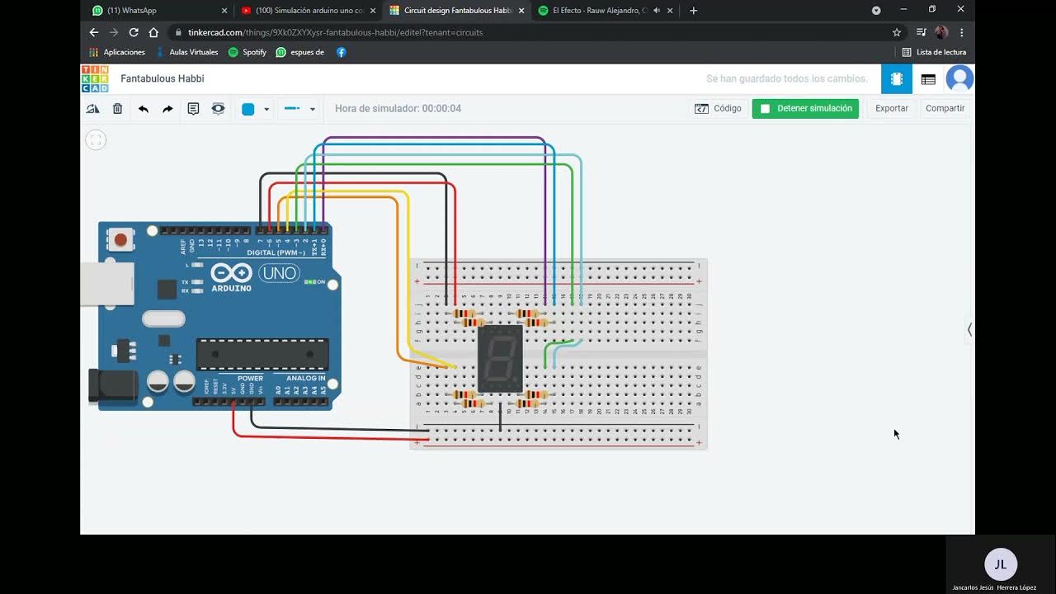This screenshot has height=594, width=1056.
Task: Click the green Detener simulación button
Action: click(x=805, y=108)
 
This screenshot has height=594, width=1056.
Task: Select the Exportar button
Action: click(x=891, y=108)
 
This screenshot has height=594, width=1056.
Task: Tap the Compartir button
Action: click(x=945, y=108)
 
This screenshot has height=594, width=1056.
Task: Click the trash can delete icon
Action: click(x=118, y=109)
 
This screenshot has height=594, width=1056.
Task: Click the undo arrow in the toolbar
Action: click(x=144, y=109)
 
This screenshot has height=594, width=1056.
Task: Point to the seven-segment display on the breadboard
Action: click(x=500, y=358)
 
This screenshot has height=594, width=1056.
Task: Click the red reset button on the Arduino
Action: click(x=120, y=240)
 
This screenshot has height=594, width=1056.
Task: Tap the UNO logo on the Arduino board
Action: click(x=280, y=273)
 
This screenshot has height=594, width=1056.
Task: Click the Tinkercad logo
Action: click(x=95, y=79)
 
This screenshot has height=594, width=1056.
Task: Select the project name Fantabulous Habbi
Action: click(x=163, y=79)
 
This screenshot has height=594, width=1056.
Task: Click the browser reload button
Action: click(x=134, y=32)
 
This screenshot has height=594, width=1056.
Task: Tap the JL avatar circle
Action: click(x=1000, y=564)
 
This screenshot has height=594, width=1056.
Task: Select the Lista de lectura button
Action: click(x=934, y=52)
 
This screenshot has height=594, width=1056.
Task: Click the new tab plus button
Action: click(x=693, y=11)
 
